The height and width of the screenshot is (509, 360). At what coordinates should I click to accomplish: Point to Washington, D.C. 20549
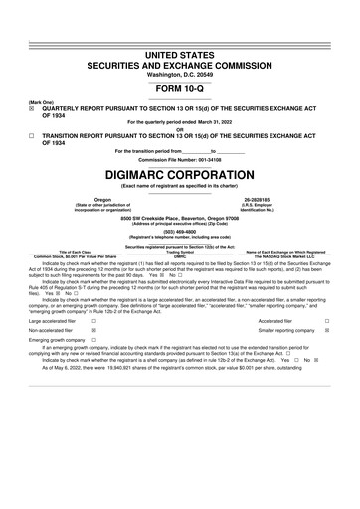tap(180, 45)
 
